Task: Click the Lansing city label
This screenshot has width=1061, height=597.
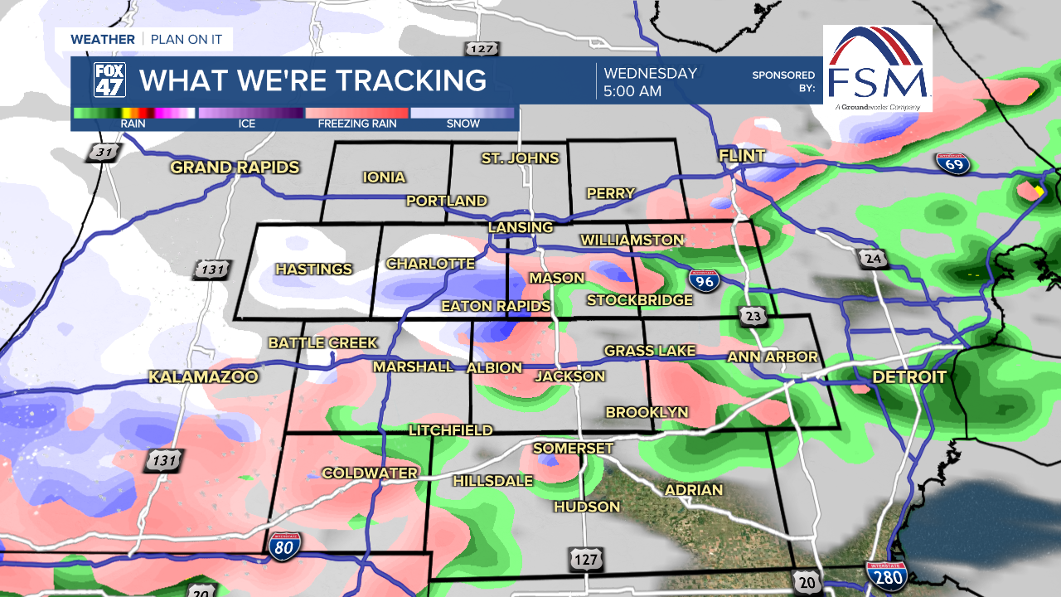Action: click(521, 227)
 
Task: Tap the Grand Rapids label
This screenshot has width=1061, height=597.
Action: click(235, 167)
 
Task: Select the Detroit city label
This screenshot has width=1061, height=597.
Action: click(909, 377)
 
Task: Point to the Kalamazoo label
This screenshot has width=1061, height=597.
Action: click(203, 377)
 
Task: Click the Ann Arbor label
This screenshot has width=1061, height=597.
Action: click(773, 357)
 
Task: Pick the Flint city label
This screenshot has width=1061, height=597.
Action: click(742, 157)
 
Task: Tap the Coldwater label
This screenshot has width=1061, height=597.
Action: click(370, 473)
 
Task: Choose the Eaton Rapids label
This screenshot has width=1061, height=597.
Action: click(496, 307)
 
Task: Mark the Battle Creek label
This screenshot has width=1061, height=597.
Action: click(323, 342)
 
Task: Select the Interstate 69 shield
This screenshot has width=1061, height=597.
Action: click(954, 163)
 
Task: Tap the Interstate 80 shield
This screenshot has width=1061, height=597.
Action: click(284, 544)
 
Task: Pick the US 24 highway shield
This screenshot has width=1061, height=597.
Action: click(872, 260)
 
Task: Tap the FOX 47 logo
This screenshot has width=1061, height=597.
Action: click(109, 80)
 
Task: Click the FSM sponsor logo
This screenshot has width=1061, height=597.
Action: click(877, 69)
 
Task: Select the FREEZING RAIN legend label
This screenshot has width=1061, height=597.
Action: click(357, 124)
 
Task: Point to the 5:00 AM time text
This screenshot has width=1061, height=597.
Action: click(632, 91)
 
